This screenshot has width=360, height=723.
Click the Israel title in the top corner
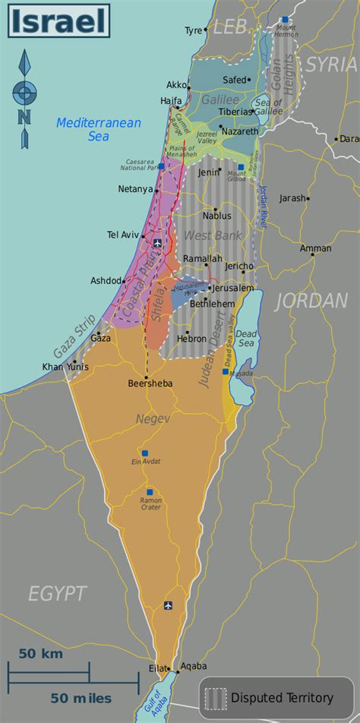(58, 21)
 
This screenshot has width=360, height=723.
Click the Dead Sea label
(246, 339)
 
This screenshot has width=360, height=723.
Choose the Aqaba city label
(194, 666)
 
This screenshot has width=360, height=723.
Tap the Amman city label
(315, 248)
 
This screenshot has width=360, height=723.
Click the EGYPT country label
(58, 593)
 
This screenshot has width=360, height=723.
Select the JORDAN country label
(311, 301)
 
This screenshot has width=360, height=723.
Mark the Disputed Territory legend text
(282, 697)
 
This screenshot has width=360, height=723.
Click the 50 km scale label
(41, 653)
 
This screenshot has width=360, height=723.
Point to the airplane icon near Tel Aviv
(157, 243)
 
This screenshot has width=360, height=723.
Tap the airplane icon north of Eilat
(168, 605)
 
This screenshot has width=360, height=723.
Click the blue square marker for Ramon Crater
(150, 492)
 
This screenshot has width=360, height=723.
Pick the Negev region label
(152, 418)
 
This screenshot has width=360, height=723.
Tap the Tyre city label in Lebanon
(194, 31)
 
